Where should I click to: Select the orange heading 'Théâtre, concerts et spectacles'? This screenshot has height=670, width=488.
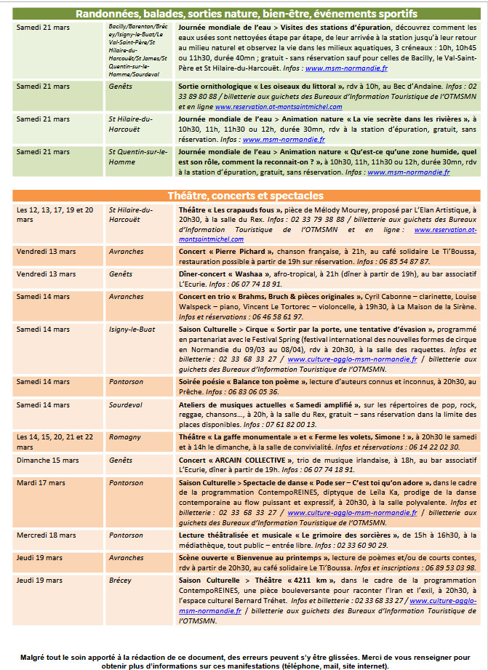point(245,196)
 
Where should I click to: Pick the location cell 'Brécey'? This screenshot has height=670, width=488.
point(120,580)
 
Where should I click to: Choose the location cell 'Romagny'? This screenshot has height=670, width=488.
point(124,437)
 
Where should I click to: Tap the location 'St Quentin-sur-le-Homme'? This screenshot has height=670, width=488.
point(137,156)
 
